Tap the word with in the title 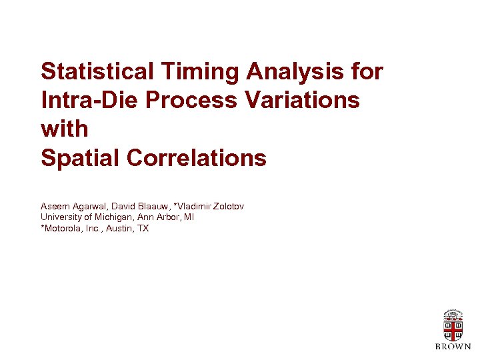pyautogui.click(x=64, y=129)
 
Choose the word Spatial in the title pyautogui.click(x=80, y=159)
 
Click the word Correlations pyautogui.click(x=196, y=159)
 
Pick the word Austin pyautogui.click(x=120, y=228)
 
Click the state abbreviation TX pyautogui.click(x=143, y=228)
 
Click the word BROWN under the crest pyautogui.click(x=453, y=347)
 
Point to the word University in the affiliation pyautogui.click(x=60, y=217)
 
